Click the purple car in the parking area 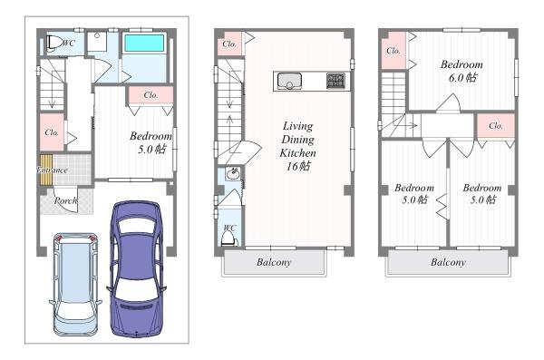[136, 269]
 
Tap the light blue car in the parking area [75, 285]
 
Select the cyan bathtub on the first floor [144, 43]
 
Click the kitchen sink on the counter [289, 82]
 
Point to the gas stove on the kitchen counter [335, 82]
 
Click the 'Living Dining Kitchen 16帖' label [297, 146]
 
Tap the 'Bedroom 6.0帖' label [461, 71]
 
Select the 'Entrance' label [53, 170]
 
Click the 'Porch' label [65, 200]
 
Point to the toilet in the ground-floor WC [52, 44]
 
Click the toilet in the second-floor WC [229, 238]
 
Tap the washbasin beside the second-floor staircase [232, 173]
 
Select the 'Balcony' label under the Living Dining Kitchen [274, 262]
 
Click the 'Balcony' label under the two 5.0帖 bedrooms [448, 262]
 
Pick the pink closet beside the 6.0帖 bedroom [393, 51]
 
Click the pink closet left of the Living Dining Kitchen [229, 44]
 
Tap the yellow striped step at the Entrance [46, 170]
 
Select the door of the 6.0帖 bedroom [448, 102]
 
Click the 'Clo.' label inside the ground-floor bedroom [151, 95]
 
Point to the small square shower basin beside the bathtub [98, 42]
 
